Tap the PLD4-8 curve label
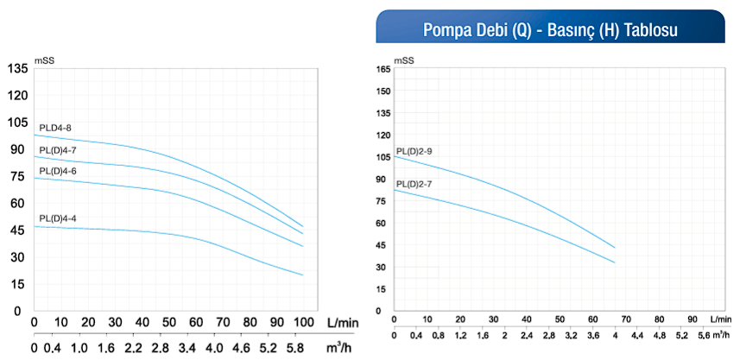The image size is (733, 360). point(55,129)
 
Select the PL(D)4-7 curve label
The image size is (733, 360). point(58,150)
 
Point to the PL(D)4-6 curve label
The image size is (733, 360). point(58,171)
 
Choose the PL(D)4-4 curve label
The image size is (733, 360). point(58,218)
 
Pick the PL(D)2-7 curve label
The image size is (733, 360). point(414,184)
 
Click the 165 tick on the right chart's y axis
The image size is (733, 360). point(384,69)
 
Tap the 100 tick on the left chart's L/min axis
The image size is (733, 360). point(303,322)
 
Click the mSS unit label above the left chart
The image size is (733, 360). point(45,60)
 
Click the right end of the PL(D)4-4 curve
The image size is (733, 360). point(303,275)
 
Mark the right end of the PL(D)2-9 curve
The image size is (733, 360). point(615,248)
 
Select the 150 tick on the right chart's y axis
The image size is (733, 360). point(384,92)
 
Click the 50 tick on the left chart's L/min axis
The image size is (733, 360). point(168,322)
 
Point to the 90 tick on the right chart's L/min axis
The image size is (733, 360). point(692,319)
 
